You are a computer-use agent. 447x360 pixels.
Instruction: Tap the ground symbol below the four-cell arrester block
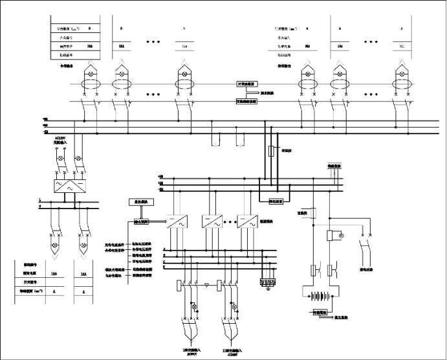coord(268,291)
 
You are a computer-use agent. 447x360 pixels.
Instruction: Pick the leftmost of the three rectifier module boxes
coord(177,222)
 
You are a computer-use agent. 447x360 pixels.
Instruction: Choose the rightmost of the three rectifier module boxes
coord(246,222)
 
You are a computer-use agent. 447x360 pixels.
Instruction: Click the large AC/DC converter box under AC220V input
coord(67,185)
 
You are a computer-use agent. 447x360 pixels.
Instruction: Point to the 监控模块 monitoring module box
coord(142,203)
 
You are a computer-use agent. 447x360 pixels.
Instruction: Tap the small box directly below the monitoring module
coord(141,221)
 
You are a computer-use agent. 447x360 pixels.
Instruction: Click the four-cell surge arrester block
coord(268,282)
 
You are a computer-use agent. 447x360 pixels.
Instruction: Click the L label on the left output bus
coord(39,201)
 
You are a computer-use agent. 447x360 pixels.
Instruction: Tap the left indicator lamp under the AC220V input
coord(61,158)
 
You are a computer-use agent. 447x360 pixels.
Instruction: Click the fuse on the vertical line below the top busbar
coord(271,151)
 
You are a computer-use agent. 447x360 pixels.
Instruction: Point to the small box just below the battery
coord(323,313)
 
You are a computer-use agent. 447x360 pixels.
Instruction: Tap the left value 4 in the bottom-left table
coord(54,292)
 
